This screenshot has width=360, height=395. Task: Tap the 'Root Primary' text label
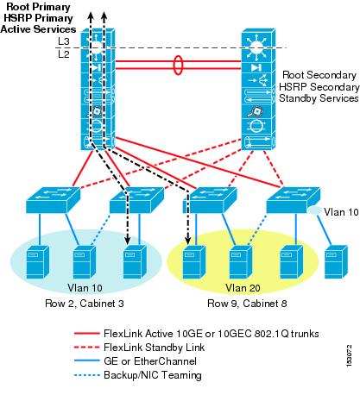39,7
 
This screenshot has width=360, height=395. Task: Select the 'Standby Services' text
319,98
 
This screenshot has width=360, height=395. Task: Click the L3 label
64,41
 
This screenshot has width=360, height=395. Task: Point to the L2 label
64,53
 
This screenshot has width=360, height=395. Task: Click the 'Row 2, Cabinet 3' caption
85,304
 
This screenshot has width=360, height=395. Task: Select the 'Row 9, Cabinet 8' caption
247,304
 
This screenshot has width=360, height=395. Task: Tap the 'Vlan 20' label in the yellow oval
243,288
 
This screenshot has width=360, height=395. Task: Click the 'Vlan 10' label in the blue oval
85,288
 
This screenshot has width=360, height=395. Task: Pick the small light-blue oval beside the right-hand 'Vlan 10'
315,210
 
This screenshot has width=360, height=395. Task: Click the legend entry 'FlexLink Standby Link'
154,348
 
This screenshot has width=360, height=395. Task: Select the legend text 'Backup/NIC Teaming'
153,375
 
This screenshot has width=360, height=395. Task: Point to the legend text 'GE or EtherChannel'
150,361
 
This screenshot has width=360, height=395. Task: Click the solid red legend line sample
86,334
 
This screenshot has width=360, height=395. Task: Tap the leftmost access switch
53,200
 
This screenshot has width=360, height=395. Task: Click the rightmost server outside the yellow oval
336,261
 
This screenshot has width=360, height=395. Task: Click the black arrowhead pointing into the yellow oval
187,241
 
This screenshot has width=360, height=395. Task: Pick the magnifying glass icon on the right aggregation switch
254,111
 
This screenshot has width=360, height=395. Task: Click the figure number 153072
349,355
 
